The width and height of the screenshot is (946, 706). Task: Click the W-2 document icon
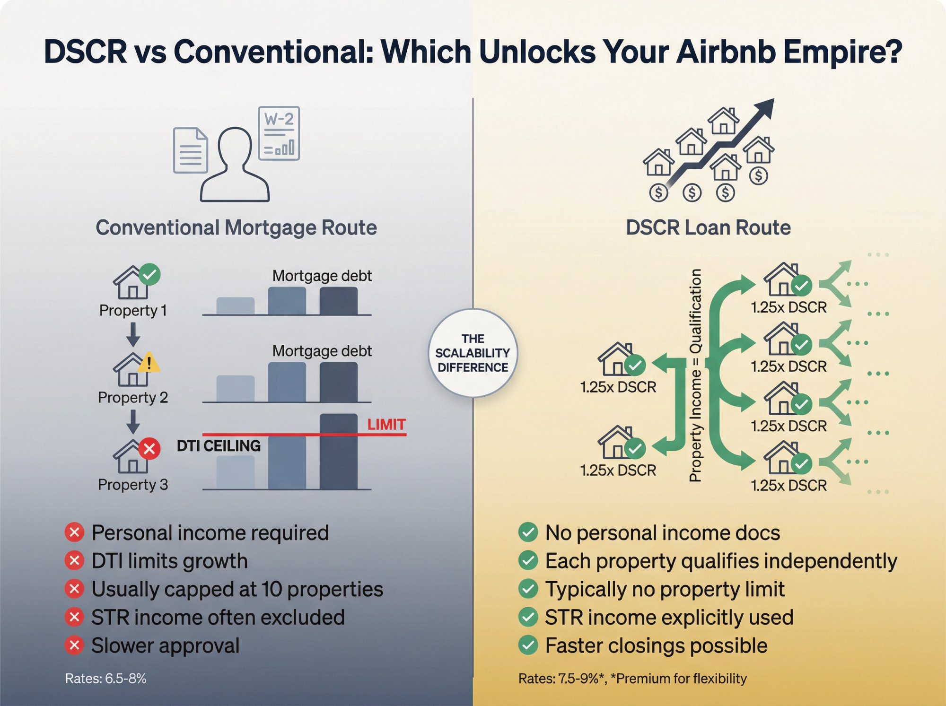point(279,133)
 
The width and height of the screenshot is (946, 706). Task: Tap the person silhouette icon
point(235,166)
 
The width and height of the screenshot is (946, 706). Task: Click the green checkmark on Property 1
point(150,274)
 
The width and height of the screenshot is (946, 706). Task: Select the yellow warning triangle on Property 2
point(149,362)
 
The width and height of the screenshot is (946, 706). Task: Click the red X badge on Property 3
point(149,448)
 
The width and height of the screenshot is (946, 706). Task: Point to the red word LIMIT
point(386,424)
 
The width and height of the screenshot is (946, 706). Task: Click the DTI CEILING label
point(219,445)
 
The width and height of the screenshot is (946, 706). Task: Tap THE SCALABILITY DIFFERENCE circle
point(473,353)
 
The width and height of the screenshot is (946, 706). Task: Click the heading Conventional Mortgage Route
point(236,227)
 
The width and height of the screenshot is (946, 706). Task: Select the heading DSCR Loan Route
point(708,227)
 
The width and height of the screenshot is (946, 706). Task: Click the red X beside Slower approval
point(74,645)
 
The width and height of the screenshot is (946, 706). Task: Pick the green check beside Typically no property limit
point(528,589)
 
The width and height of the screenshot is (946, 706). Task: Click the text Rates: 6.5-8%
point(105,678)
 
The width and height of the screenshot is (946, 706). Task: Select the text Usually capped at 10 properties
point(237,589)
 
